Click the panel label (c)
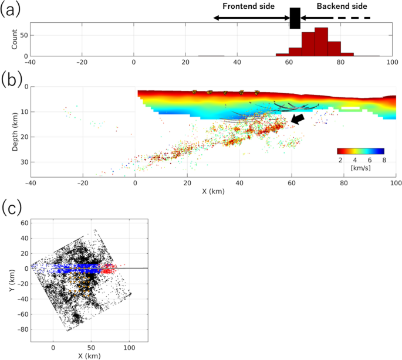click(x=11, y=208)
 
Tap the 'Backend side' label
click(x=342, y=6)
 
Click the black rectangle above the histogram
click(x=295, y=18)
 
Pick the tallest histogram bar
click(x=321, y=42)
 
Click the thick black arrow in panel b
click(x=298, y=119)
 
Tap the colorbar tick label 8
click(x=383, y=160)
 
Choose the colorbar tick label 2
click(x=339, y=160)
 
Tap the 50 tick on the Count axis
click(x=24, y=35)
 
